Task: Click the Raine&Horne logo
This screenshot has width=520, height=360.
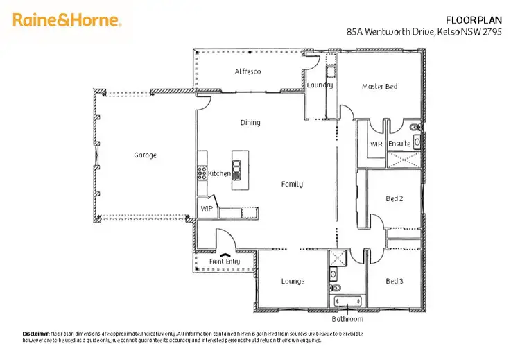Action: pyautogui.click(x=67, y=20)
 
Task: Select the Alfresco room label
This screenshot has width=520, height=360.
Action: pyautogui.click(x=248, y=71)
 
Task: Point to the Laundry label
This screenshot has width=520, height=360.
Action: pyautogui.click(x=320, y=85)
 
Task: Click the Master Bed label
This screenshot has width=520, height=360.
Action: pyautogui.click(x=380, y=87)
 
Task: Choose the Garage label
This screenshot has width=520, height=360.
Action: pyautogui.click(x=145, y=155)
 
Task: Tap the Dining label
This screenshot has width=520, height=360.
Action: pyautogui.click(x=250, y=123)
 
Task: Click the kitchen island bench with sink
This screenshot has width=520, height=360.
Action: pyautogui.click(x=236, y=169)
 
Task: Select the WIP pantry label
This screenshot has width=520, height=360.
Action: pyautogui.click(x=207, y=208)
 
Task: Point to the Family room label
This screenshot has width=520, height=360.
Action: pyautogui.click(x=291, y=185)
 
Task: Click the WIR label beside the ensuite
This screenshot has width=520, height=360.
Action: pyautogui.click(x=376, y=144)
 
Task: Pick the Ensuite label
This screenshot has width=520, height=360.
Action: pyautogui.click(x=399, y=144)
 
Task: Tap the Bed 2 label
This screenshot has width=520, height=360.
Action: pyautogui.click(x=394, y=199)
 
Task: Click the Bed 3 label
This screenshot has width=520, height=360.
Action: pyautogui.click(x=394, y=281)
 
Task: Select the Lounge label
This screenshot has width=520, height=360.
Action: pyautogui.click(x=293, y=281)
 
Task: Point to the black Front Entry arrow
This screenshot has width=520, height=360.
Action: pyautogui.click(x=224, y=255)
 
